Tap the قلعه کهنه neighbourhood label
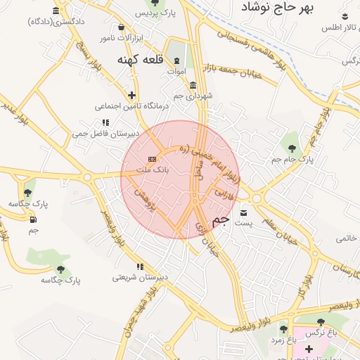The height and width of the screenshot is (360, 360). click(140, 60)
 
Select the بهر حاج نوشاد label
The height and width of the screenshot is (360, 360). click(278, 8)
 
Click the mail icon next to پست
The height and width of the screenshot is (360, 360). click(244, 212)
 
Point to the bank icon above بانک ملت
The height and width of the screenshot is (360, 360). click(152, 160)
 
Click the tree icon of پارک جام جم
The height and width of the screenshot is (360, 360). click(292, 148)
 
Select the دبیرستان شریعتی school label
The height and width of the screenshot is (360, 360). click(141, 278)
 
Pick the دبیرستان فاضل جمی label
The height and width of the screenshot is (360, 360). click(105, 133)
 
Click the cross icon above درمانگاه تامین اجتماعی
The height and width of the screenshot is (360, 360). click(131, 95)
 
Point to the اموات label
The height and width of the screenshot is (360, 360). click(176, 71)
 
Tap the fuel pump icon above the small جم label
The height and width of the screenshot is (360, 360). click(33, 219)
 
